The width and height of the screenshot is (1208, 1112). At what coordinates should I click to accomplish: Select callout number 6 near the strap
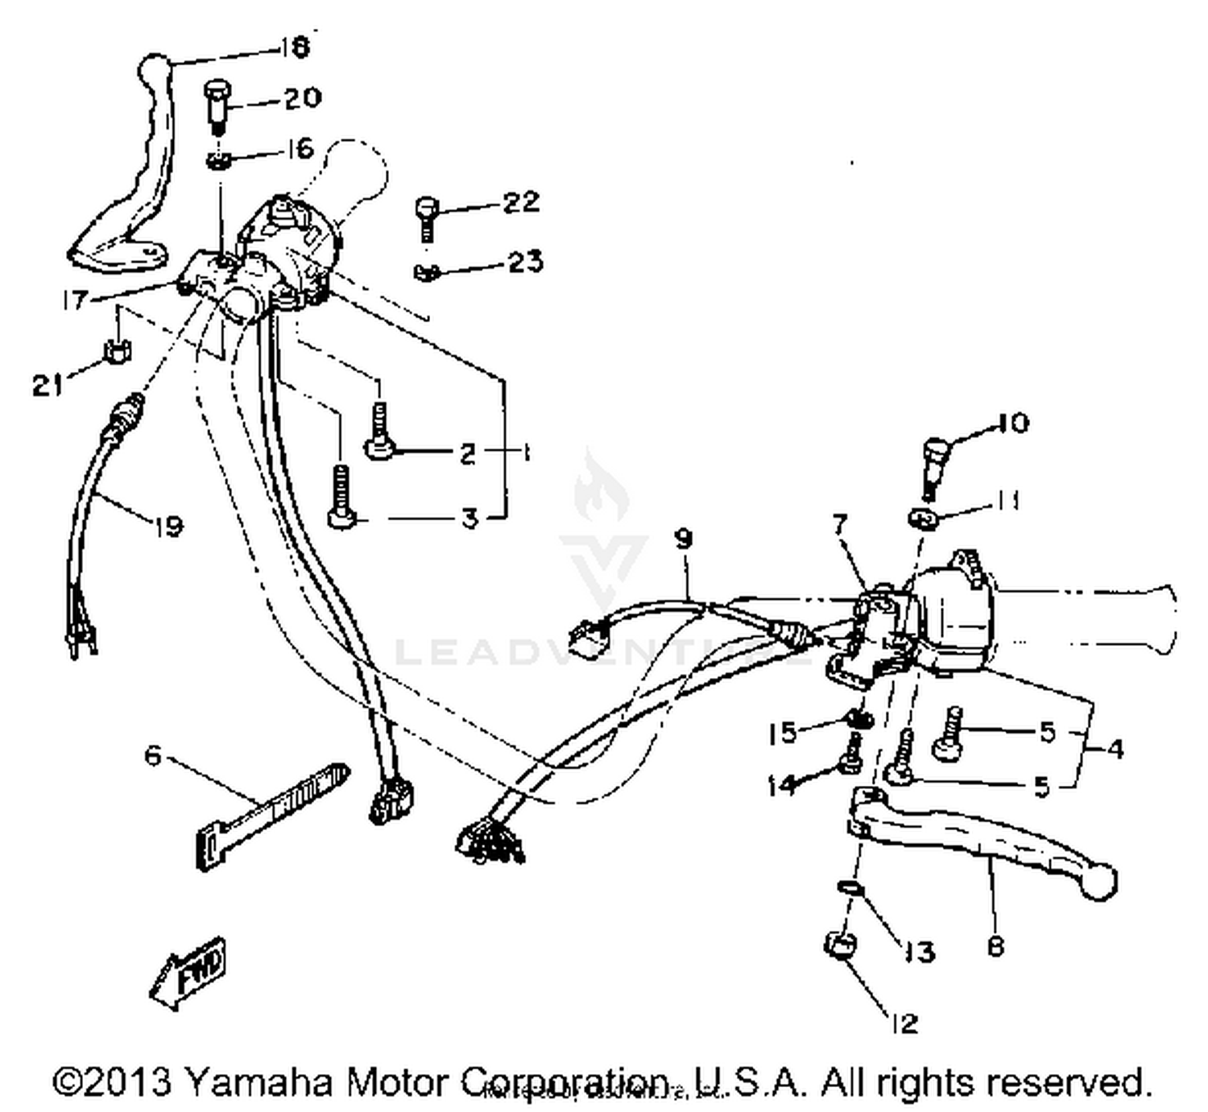click(153, 755)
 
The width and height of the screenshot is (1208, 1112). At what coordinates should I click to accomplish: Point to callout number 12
click(905, 1023)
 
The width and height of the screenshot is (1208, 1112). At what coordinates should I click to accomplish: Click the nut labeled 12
click(840, 944)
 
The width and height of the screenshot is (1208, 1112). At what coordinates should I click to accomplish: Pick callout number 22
click(521, 201)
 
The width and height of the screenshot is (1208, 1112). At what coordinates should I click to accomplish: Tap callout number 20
click(302, 98)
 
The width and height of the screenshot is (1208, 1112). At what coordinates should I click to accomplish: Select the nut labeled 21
click(118, 351)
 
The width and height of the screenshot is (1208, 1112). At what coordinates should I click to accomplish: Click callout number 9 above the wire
click(684, 539)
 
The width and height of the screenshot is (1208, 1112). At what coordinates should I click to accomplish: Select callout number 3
click(470, 518)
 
